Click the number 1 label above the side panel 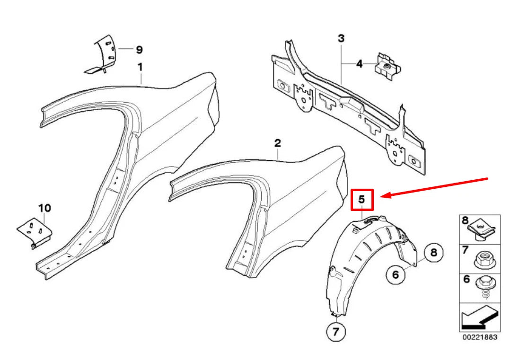coord(140,68)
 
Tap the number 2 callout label coord(278,142)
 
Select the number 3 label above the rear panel coord(341,39)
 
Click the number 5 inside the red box coord(362,200)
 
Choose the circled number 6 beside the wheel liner coord(396,273)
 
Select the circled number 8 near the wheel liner coord(433,253)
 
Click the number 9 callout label coord(139,49)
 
